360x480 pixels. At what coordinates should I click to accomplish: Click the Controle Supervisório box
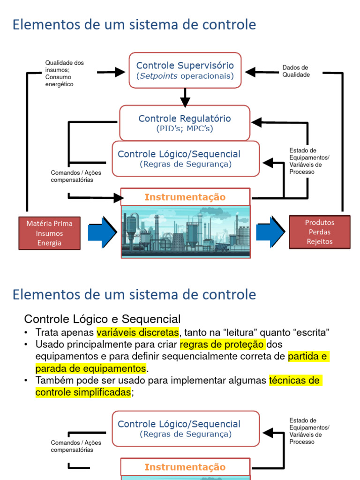click(185, 70)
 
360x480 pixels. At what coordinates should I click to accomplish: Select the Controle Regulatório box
click(185, 123)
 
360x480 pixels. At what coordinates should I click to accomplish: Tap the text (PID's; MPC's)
click(185, 128)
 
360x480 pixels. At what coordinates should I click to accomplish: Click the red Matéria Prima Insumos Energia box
click(49, 233)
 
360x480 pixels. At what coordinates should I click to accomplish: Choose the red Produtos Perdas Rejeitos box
click(320, 232)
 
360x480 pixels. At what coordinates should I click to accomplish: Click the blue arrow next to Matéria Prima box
click(103, 232)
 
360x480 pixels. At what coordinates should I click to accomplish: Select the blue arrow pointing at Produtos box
click(270, 232)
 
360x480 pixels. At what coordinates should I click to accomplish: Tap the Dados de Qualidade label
click(296, 71)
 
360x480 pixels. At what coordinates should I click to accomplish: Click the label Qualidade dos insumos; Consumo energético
click(64, 74)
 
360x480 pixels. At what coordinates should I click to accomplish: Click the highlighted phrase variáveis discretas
click(138, 332)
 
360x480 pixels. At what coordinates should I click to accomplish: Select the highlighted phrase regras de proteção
click(222, 345)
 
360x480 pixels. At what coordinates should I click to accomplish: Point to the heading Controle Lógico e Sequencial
click(102, 319)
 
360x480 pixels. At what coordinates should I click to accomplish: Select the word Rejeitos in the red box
click(320, 241)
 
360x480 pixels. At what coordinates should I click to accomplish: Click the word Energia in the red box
click(49, 243)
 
